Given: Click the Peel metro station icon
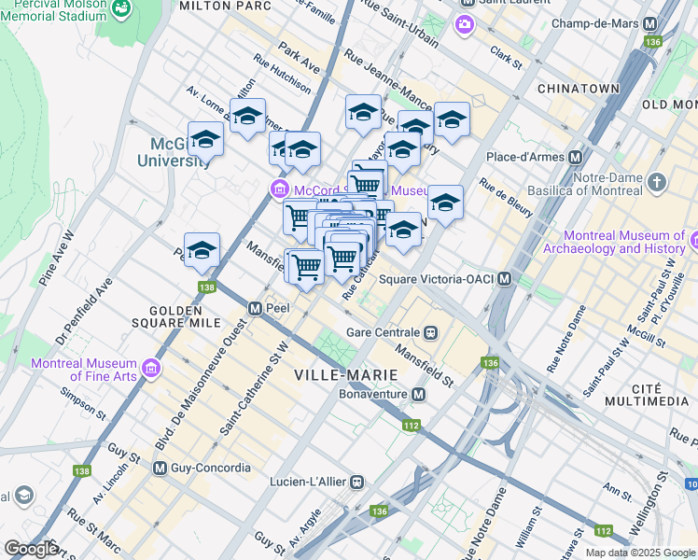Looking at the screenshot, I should pyautogui.click(x=254, y=307).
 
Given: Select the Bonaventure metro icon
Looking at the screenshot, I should pyautogui.click(x=418, y=395).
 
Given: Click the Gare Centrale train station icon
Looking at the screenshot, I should pyautogui.click(x=431, y=331).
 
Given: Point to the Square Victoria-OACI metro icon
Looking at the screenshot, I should pyautogui.click(x=505, y=278).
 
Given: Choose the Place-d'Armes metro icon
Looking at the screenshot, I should pyautogui.click(x=576, y=157).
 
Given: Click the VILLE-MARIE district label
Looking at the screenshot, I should pyautogui.click(x=345, y=374).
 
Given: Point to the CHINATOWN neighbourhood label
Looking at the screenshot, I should pyautogui.click(x=579, y=88).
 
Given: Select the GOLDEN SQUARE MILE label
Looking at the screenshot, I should pyautogui.click(x=186, y=316).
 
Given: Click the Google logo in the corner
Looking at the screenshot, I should pyautogui.click(x=31, y=549).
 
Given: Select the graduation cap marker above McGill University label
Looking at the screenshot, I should pyautogui.click(x=205, y=140).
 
